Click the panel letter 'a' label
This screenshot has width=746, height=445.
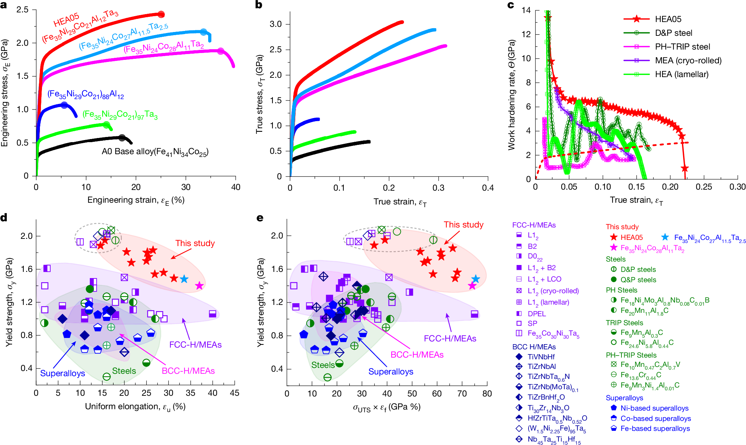coord(4,6)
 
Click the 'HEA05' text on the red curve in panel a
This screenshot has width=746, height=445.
coord(66,19)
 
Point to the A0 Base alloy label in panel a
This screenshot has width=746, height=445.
coord(155,152)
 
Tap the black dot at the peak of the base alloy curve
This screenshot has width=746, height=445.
coord(122,138)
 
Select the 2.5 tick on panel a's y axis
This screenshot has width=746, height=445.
coord(23,10)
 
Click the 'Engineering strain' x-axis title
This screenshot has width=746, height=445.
coord(136,200)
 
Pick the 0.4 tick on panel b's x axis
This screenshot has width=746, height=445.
coord(488,188)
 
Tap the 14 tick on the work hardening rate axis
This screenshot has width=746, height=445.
coord(526,10)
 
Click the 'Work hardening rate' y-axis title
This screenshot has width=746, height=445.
coord(512,95)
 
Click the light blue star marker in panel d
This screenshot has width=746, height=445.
coord(184,279)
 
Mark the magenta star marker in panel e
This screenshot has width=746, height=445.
coord(472,286)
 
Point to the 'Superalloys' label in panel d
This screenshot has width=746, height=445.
coord(63,373)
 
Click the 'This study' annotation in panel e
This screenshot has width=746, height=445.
coord(463,225)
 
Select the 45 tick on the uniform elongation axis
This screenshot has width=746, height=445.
coord(235,393)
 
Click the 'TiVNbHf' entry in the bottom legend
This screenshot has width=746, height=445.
coord(541,357)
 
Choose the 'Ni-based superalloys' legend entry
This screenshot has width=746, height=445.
coord(654,408)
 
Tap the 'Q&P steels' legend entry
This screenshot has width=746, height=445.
coord(638,280)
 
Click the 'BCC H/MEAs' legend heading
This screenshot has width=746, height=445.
coord(534,347)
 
